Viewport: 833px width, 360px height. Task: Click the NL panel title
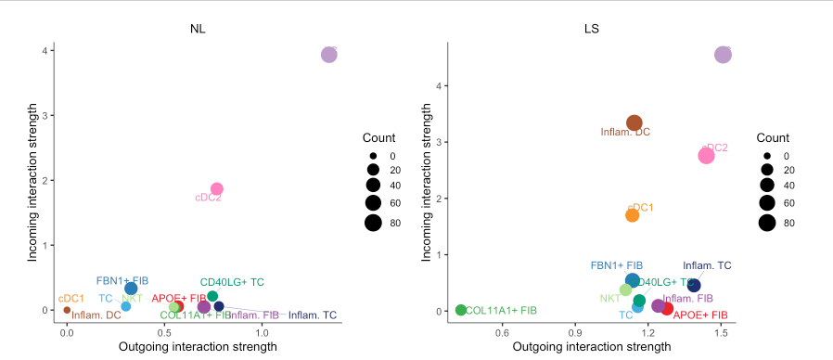pos(198,28)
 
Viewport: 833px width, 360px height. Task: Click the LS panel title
pos(591,28)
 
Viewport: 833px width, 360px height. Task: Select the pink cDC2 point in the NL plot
pos(216,189)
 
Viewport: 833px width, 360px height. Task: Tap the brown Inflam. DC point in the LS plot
pos(634,122)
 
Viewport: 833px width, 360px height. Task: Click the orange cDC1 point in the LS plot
pos(633,215)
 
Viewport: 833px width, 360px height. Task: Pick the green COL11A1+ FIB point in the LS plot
pos(461,310)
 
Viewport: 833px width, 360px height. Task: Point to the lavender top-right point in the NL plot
pos(328,55)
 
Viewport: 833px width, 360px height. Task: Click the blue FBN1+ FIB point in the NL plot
pos(131,289)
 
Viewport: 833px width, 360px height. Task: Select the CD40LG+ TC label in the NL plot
pos(232,282)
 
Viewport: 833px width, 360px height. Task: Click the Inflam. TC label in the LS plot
pos(707,266)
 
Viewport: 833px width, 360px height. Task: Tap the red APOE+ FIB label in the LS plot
pos(700,315)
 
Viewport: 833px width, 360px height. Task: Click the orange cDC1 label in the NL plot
pos(71,299)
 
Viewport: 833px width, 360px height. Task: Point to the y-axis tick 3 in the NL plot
pos(45,115)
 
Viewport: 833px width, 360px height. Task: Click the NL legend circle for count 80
pos(373,221)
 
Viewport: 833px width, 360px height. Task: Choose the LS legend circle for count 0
pos(766,156)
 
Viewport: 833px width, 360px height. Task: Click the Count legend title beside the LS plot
pos(772,137)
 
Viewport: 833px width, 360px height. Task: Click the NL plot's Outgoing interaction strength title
pos(198,347)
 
